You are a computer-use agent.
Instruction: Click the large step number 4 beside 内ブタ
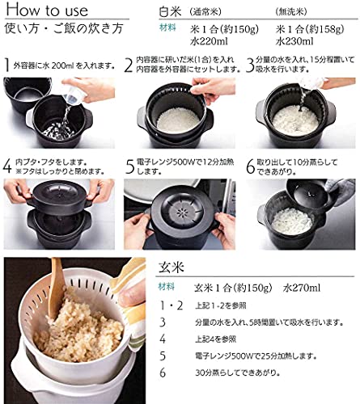click(7, 166)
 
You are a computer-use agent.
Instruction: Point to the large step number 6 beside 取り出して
click(248, 166)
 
